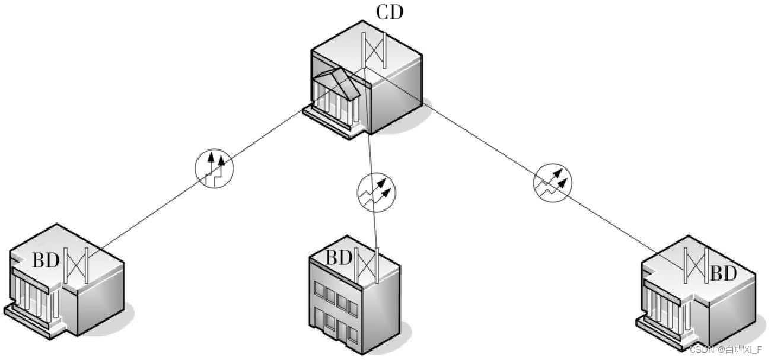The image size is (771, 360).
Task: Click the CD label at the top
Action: [389, 12]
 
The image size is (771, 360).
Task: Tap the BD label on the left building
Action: [46, 260]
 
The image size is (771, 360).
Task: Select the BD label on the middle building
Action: [339, 258]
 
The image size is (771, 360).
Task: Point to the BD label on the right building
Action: [723, 273]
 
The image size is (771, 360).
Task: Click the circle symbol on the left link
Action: [215, 169]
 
